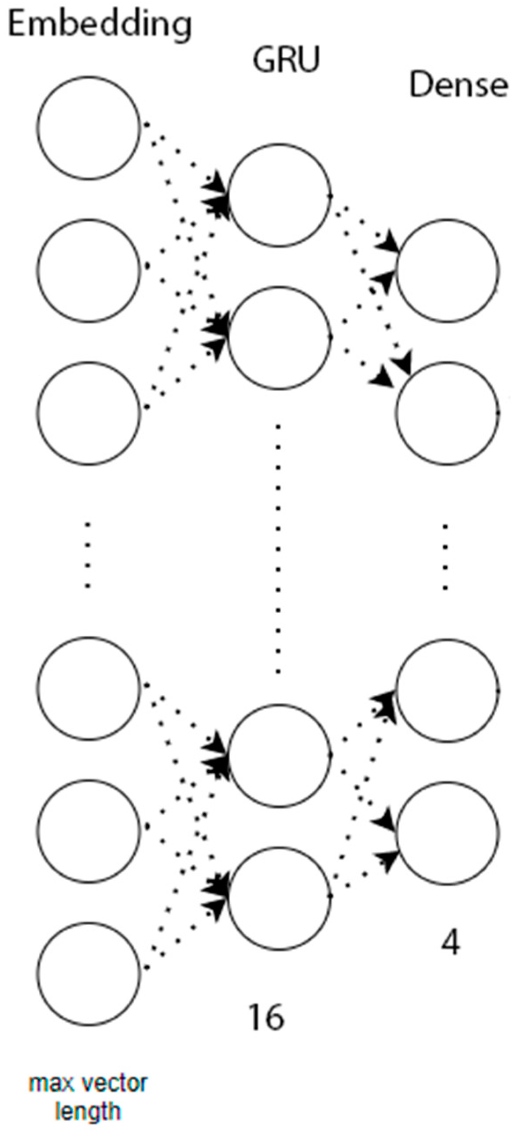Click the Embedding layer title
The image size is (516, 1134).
100,25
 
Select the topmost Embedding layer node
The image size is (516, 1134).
88,128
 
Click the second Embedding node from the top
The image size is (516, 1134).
88,270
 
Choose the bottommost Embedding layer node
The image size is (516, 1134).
88,973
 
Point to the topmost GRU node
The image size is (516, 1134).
279,195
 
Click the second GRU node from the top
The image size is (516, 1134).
279,337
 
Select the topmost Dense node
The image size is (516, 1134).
447,270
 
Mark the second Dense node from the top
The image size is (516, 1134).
447,413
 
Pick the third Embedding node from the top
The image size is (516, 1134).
88,413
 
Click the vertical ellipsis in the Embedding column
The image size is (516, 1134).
88,555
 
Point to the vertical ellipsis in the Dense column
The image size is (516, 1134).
446,556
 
